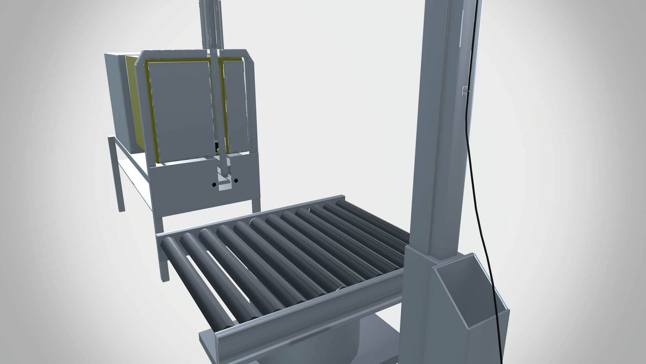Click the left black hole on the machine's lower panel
tap(214, 185)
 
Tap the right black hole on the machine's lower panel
tap(236, 181)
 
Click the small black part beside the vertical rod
tap(217, 147)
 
